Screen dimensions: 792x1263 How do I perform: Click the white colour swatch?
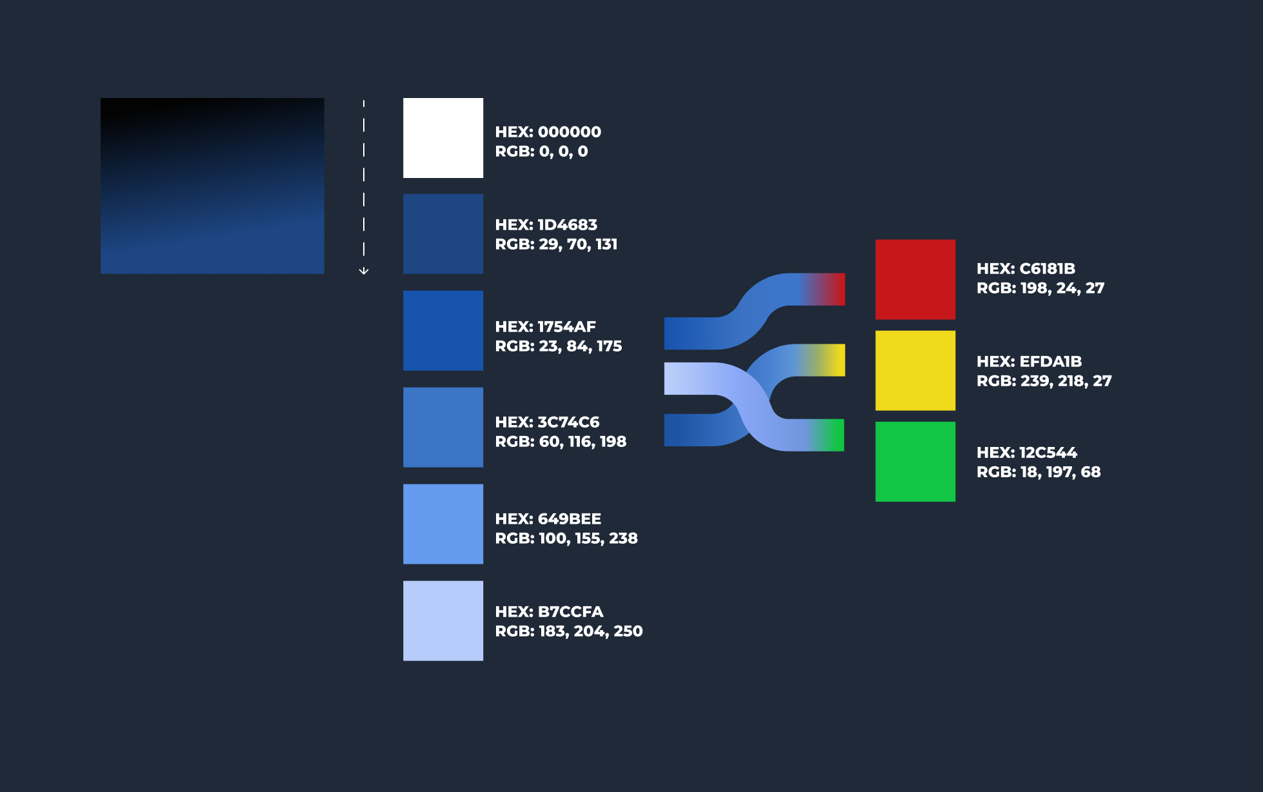pyautogui.click(x=443, y=138)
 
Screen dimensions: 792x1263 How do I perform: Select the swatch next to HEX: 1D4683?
pyautogui.click(x=443, y=234)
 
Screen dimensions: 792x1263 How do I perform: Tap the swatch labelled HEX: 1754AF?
pyautogui.click(x=443, y=331)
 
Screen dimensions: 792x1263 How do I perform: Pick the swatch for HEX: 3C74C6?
pyautogui.click(x=443, y=428)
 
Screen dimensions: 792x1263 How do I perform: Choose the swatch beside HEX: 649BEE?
pyautogui.click(x=443, y=524)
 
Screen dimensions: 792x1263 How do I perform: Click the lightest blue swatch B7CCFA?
pyautogui.click(x=443, y=621)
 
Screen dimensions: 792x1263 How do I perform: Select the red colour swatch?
pyautogui.click(x=915, y=279)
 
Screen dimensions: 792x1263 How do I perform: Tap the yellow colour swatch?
pyautogui.click(x=915, y=371)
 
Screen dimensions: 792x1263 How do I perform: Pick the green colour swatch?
pyautogui.click(x=915, y=462)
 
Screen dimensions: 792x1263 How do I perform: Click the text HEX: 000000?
pyautogui.click(x=548, y=132)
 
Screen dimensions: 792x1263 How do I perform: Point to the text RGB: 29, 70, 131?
pyautogui.click(x=556, y=244)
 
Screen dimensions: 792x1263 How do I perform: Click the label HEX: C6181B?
pyautogui.click(x=1026, y=269)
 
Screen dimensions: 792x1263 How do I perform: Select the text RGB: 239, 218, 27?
pyautogui.click(x=1044, y=381)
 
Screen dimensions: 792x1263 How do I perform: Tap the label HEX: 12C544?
pyautogui.click(x=1026, y=453)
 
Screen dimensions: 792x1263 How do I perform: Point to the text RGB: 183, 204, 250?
pyautogui.click(x=568, y=631)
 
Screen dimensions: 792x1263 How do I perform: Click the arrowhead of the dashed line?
pyautogui.click(x=364, y=272)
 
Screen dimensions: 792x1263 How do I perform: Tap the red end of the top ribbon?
pyautogui.click(x=835, y=289)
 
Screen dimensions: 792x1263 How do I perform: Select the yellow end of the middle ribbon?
pyautogui.click(x=835, y=360)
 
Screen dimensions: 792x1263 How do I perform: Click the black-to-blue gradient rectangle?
pyautogui.click(x=212, y=186)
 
